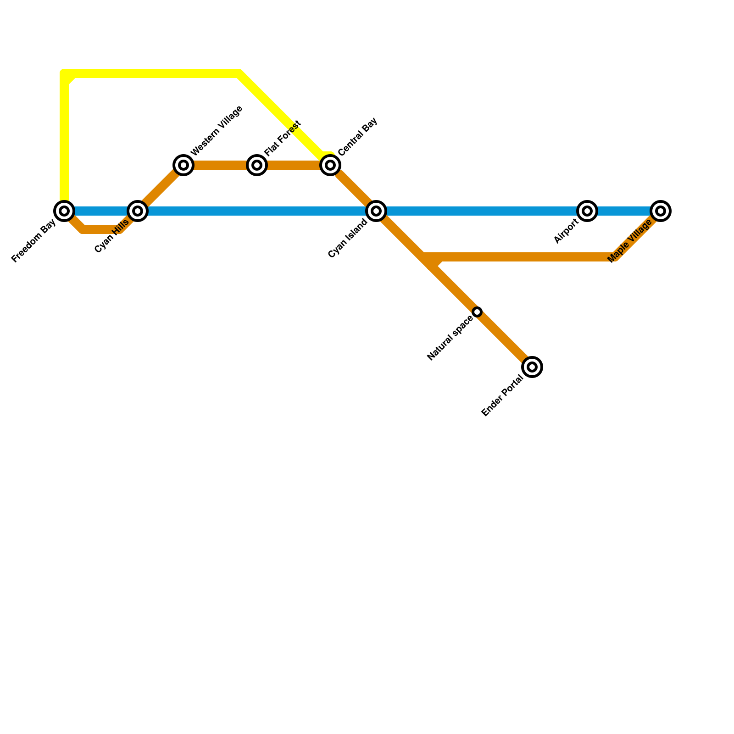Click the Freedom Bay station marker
click(64, 211)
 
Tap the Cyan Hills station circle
click(138, 211)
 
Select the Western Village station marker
click(183, 165)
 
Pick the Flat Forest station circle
click(257, 165)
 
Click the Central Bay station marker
click(330, 165)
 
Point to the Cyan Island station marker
click(376, 211)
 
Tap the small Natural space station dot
click(477, 312)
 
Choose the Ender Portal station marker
click(532, 367)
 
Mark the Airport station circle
click(587, 211)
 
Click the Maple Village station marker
click(661, 211)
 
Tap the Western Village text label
click(216, 131)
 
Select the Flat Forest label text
click(283, 137)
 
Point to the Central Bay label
click(357, 136)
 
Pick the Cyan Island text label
click(348, 238)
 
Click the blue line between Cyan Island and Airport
click(482, 211)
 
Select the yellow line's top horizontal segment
click(151, 73)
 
